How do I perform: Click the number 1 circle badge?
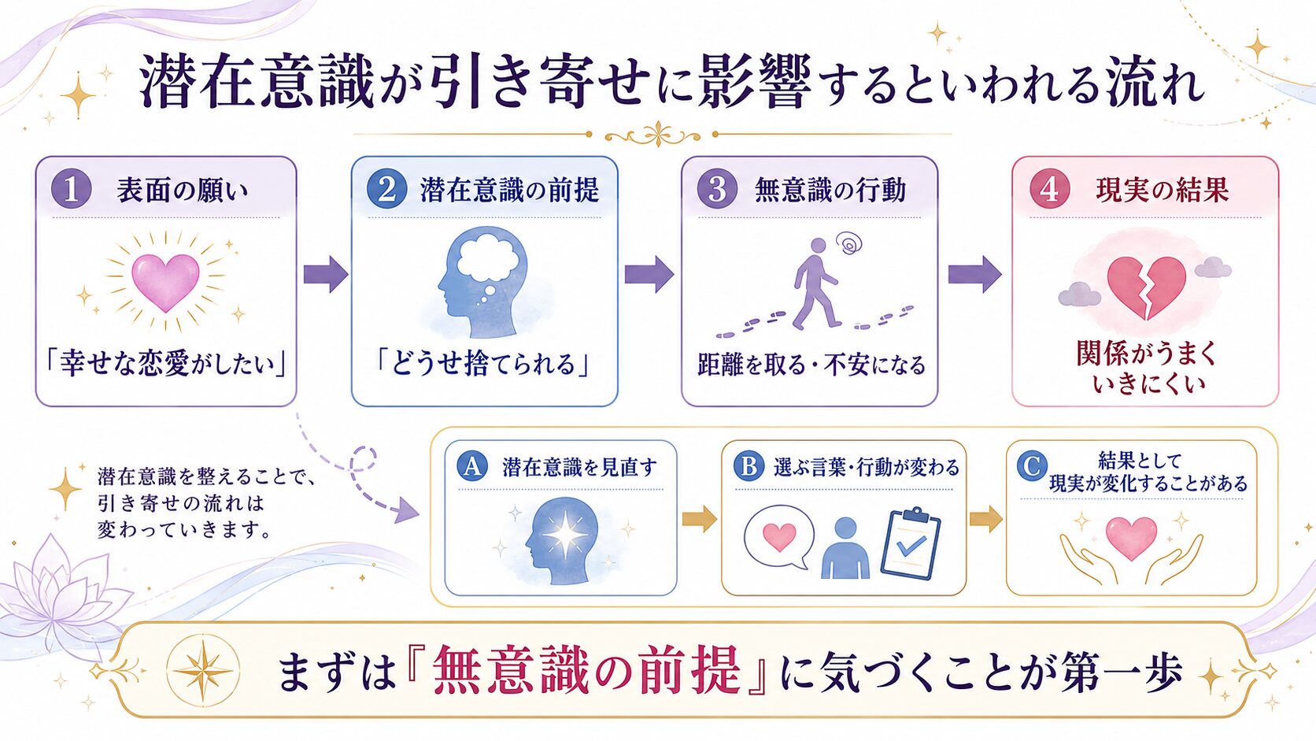click(71, 189)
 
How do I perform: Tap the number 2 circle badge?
click(386, 189)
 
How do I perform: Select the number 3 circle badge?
click(717, 189)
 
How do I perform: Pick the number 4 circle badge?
click(1050, 189)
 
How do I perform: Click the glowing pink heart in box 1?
click(165, 281)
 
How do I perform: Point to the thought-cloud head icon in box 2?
click(483, 281)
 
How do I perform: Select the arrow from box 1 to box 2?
click(326, 274)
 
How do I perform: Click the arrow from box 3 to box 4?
click(974, 274)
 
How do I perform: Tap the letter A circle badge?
click(472, 466)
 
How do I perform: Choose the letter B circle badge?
click(749, 466)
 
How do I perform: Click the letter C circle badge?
click(1032, 466)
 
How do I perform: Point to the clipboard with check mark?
click(911, 544)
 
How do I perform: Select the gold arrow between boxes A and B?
click(700, 519)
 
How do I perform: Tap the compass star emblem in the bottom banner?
click(203, 670)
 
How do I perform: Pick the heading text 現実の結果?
click(1162, 190)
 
